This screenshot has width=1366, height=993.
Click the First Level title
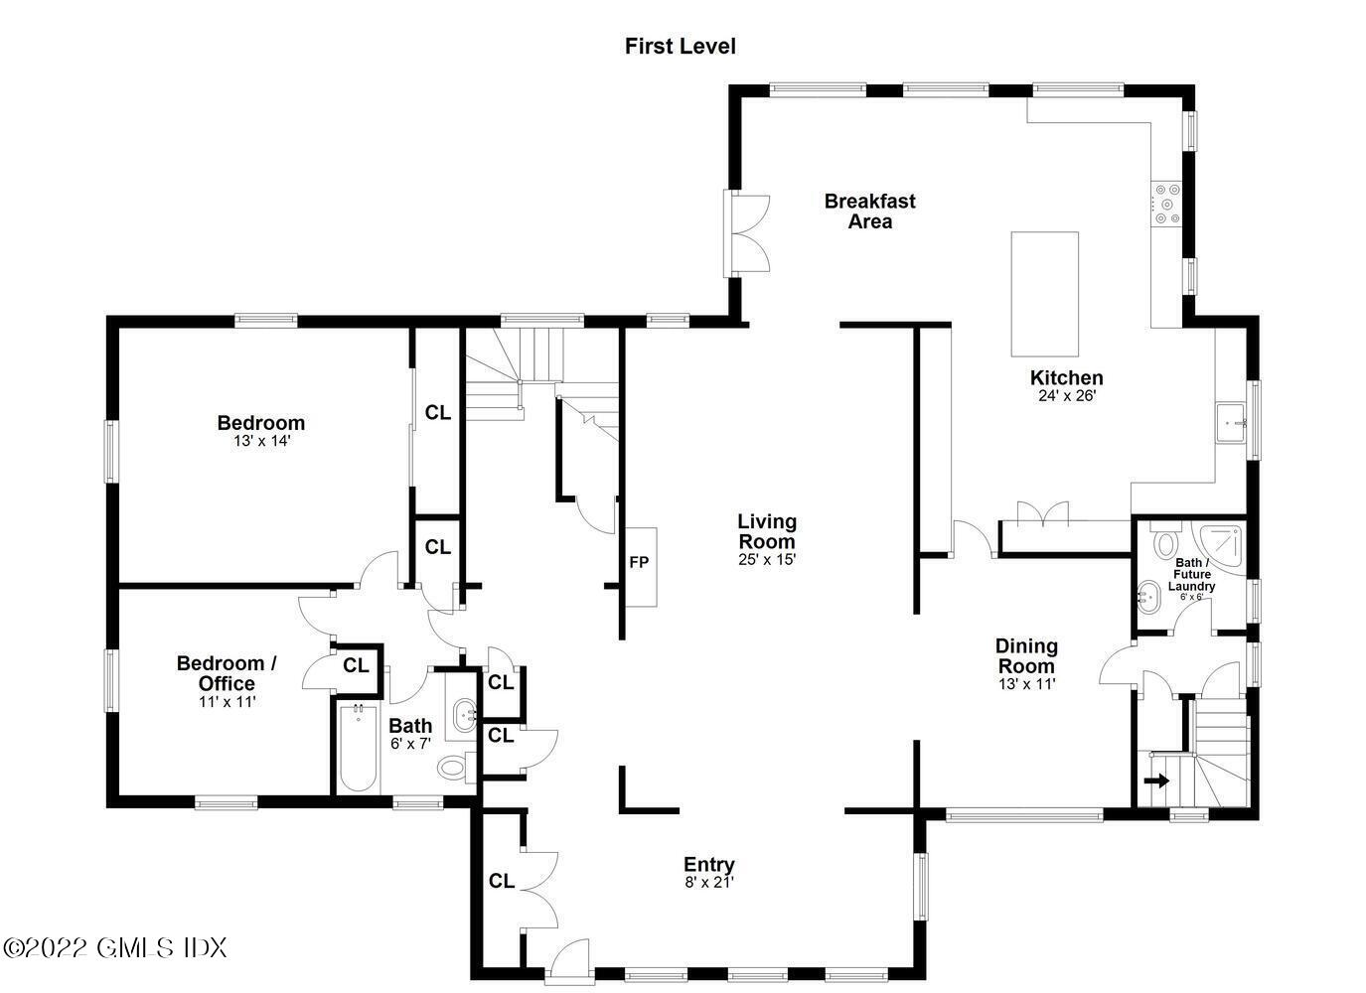tap(680, 46)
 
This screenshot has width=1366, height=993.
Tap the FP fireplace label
tap(639, 563)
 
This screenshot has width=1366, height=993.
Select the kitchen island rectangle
tap(1044, 294)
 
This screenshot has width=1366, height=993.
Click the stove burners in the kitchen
tap(1166, 203)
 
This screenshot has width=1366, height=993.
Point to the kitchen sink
tap(1232, 422)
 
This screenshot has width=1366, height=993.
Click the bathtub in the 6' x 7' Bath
tap(357, 748)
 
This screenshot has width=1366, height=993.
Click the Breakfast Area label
tap(869, 211)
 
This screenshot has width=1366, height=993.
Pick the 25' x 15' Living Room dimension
tap(766, 559)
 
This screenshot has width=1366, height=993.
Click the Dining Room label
tap(1026, 655)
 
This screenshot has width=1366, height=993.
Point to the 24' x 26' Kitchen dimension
tap(1066, 395)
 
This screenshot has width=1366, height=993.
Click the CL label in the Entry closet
tap(502, 881)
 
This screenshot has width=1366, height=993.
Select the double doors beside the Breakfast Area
tap(749, 233)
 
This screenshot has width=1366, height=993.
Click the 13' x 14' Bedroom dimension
tap(261, 441)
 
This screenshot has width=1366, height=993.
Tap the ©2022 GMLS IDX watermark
tap(115, 947)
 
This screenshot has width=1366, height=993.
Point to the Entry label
tap(708, 865)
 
